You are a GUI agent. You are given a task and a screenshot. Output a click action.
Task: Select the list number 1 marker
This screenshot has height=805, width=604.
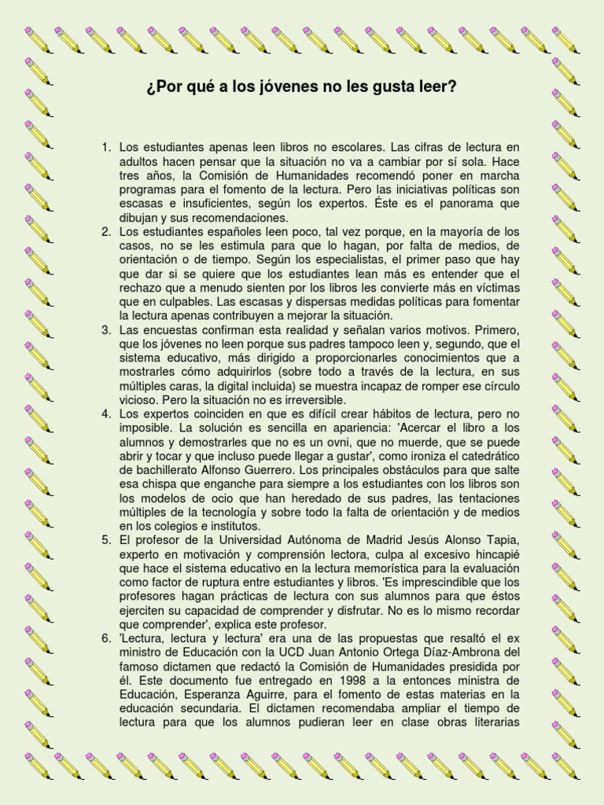106,147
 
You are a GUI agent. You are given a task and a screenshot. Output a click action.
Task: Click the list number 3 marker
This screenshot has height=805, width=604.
106,329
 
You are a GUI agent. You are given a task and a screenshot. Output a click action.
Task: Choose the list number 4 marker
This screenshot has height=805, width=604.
106,414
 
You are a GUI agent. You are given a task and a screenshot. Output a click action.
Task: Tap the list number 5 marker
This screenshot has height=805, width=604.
106,540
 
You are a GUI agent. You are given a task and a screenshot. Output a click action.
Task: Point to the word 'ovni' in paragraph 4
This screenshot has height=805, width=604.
307,443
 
